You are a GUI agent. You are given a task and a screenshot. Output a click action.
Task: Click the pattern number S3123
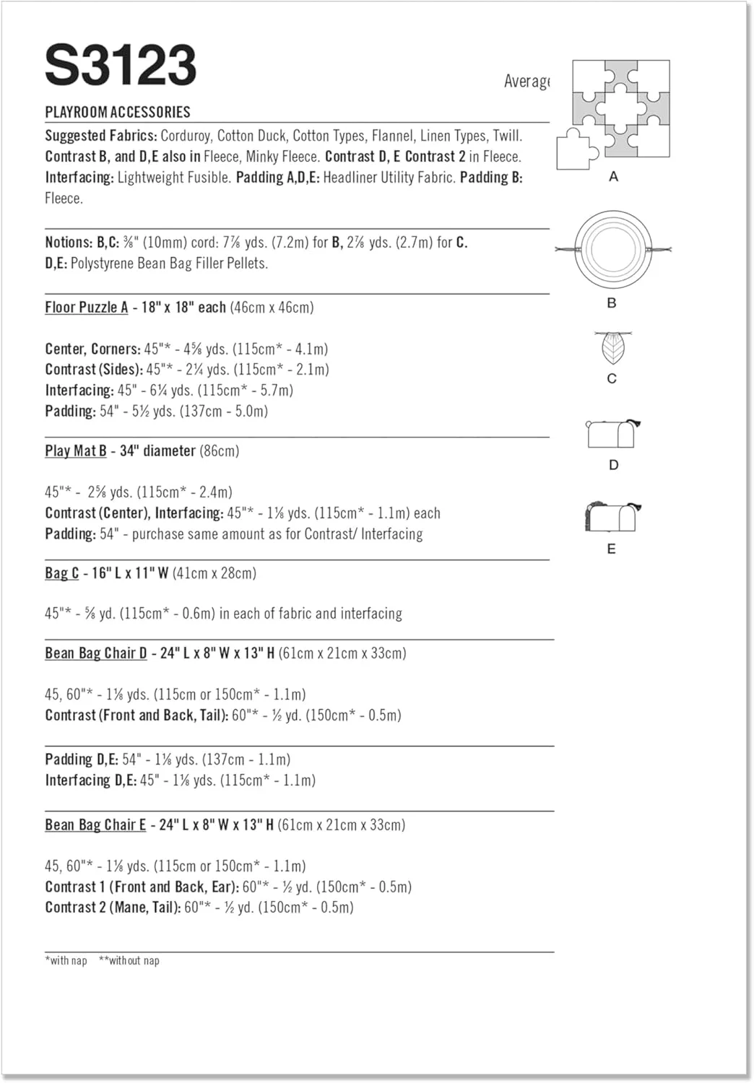[121, 66]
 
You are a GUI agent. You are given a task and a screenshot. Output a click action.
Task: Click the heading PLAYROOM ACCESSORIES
[118, 112]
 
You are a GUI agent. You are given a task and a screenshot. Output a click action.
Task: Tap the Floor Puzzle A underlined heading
[87, 308]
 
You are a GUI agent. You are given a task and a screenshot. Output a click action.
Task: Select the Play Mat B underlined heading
[76, 451]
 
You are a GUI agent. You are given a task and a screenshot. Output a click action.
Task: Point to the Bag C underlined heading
[62, 573]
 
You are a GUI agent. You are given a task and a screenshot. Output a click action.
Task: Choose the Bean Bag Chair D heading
[96, 653]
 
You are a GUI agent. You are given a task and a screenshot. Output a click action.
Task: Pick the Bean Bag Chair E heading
[95, 825]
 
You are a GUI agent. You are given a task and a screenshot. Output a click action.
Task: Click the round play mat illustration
[612, 250]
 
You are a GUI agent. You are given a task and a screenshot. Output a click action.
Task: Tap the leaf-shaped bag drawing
[612, 347]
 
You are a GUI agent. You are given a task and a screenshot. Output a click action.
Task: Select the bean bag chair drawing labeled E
[612, 517]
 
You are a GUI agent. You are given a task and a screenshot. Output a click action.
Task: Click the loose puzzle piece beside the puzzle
[577, 150]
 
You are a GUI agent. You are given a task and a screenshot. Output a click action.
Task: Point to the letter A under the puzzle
[614, 176]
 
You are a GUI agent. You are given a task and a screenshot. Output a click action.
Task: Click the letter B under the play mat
[612, 303]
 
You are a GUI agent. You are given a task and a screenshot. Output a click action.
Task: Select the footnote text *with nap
[66, 960]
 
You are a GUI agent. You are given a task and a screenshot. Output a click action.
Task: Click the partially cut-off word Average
[526, 82]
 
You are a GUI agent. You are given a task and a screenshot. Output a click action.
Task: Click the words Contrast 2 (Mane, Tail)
[113, 908]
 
